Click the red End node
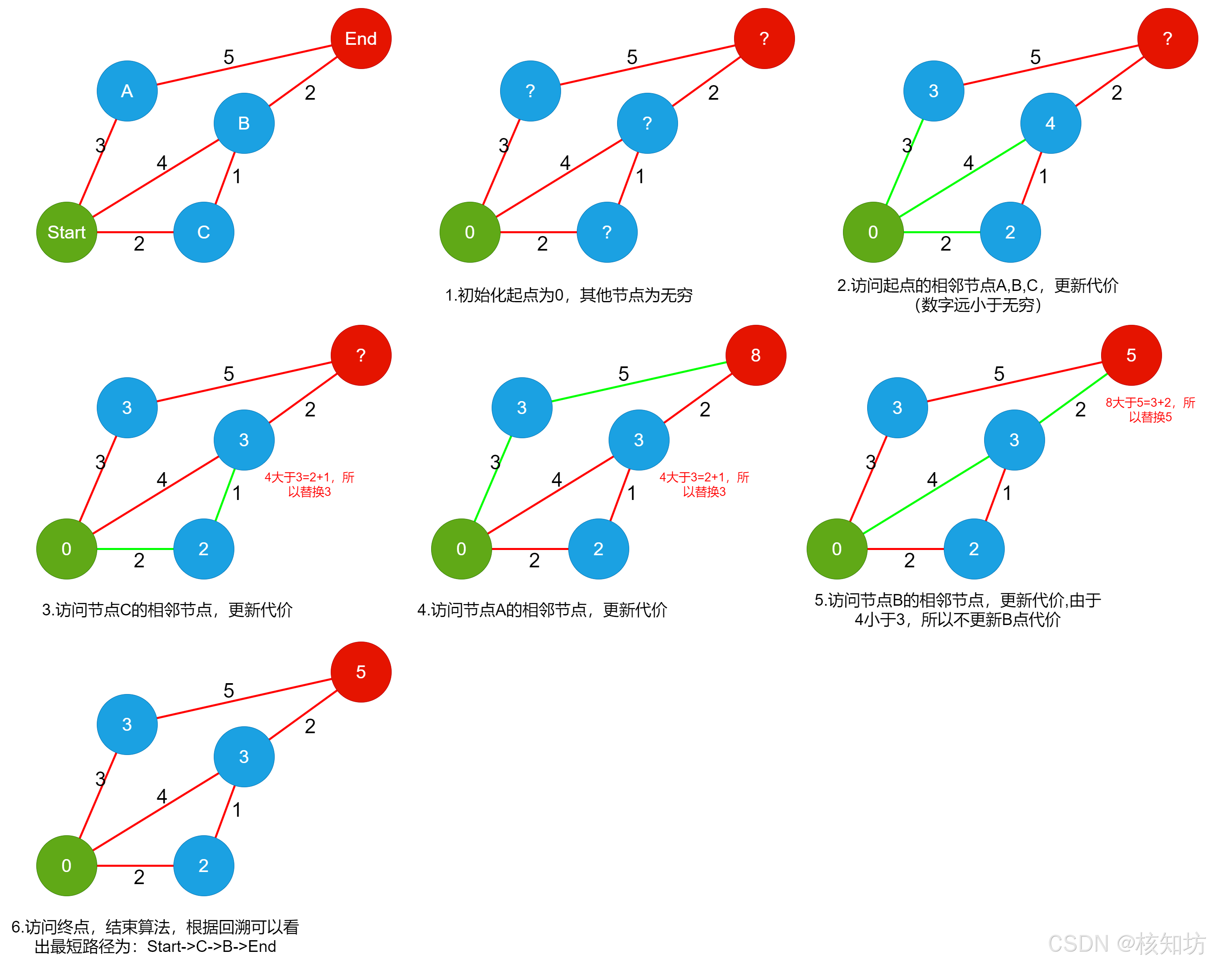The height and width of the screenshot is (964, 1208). coord(361,39)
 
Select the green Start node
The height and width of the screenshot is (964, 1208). coord(67,232)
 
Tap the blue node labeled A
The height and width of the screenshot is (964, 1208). coord(127,91)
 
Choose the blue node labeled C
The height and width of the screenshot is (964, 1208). coord(203,232)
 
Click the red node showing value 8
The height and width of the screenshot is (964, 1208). coord(755,355)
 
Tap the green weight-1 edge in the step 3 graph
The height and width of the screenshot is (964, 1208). coord(225,495)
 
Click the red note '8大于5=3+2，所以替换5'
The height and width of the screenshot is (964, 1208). coord(1150,410)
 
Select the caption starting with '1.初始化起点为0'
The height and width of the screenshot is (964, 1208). coord(569,295)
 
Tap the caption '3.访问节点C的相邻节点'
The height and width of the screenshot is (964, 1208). coord(167,610)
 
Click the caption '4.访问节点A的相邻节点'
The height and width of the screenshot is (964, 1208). coord(542,610)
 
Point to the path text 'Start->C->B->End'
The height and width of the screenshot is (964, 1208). coord(211,947)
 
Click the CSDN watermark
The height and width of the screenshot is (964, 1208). coord(1126,944)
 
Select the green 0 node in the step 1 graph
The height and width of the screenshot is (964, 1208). coord(469,232)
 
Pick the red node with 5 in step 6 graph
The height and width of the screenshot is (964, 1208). coord(361,672)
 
